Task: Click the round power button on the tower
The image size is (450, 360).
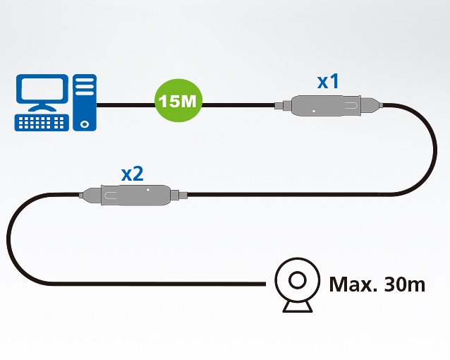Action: tap(85, 122)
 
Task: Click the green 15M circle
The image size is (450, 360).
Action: tap(178, 102)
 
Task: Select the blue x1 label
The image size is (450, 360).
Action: tap(328, 82)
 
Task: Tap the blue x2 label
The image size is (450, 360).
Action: tap(133, 173)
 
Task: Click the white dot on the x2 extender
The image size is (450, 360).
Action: tap(148, 189)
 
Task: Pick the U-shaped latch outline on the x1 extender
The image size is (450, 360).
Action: tap(353, 107)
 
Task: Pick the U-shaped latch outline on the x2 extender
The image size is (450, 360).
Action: tap(113, 194)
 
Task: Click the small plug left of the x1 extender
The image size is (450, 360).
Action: tap(280, 107)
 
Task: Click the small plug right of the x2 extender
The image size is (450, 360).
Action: tap(181, 194)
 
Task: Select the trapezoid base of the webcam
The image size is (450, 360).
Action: tap(296, 307)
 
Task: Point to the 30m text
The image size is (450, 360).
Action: tap(405, 284)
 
